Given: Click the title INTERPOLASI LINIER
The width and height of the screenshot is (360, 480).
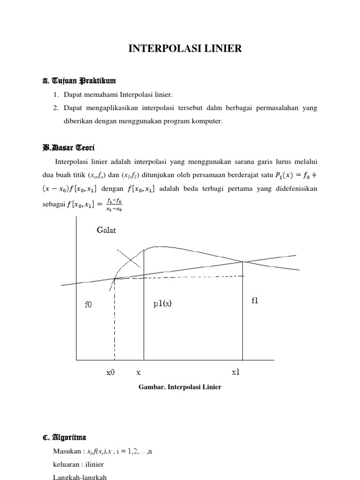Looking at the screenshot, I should pyautogui.click(x=186, y=49).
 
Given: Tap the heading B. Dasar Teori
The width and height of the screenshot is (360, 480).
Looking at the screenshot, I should pyautogui.click(x=68, y=148).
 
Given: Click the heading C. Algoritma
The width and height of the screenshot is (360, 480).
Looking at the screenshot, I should pyautogui.click(x=64, y=438).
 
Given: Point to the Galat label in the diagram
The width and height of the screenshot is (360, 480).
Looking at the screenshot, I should pyautogui.click(x=107, y=230).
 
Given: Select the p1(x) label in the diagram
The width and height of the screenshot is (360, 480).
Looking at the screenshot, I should pyautogui.click(x=163, y=303).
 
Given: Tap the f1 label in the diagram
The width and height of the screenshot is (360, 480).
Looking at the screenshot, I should pyautogui.click(x=255, y=301).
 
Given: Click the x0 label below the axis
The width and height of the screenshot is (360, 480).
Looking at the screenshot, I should pyautogui.click(x=111, y=373).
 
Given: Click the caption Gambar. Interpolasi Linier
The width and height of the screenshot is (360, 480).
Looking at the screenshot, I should pyautogui.click(x=180, y=387).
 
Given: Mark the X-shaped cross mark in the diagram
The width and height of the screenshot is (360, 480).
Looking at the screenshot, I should pyautogui.click(x=128, y=257).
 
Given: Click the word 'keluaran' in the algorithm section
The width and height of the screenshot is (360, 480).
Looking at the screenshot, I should pyautogui.click(x=67, y=465).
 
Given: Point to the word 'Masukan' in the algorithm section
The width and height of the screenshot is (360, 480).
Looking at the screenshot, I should pyautogui.click(x=67, y=451).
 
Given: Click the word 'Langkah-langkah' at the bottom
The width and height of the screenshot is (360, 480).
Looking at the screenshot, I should pyautogui.click(x=81, y=477).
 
